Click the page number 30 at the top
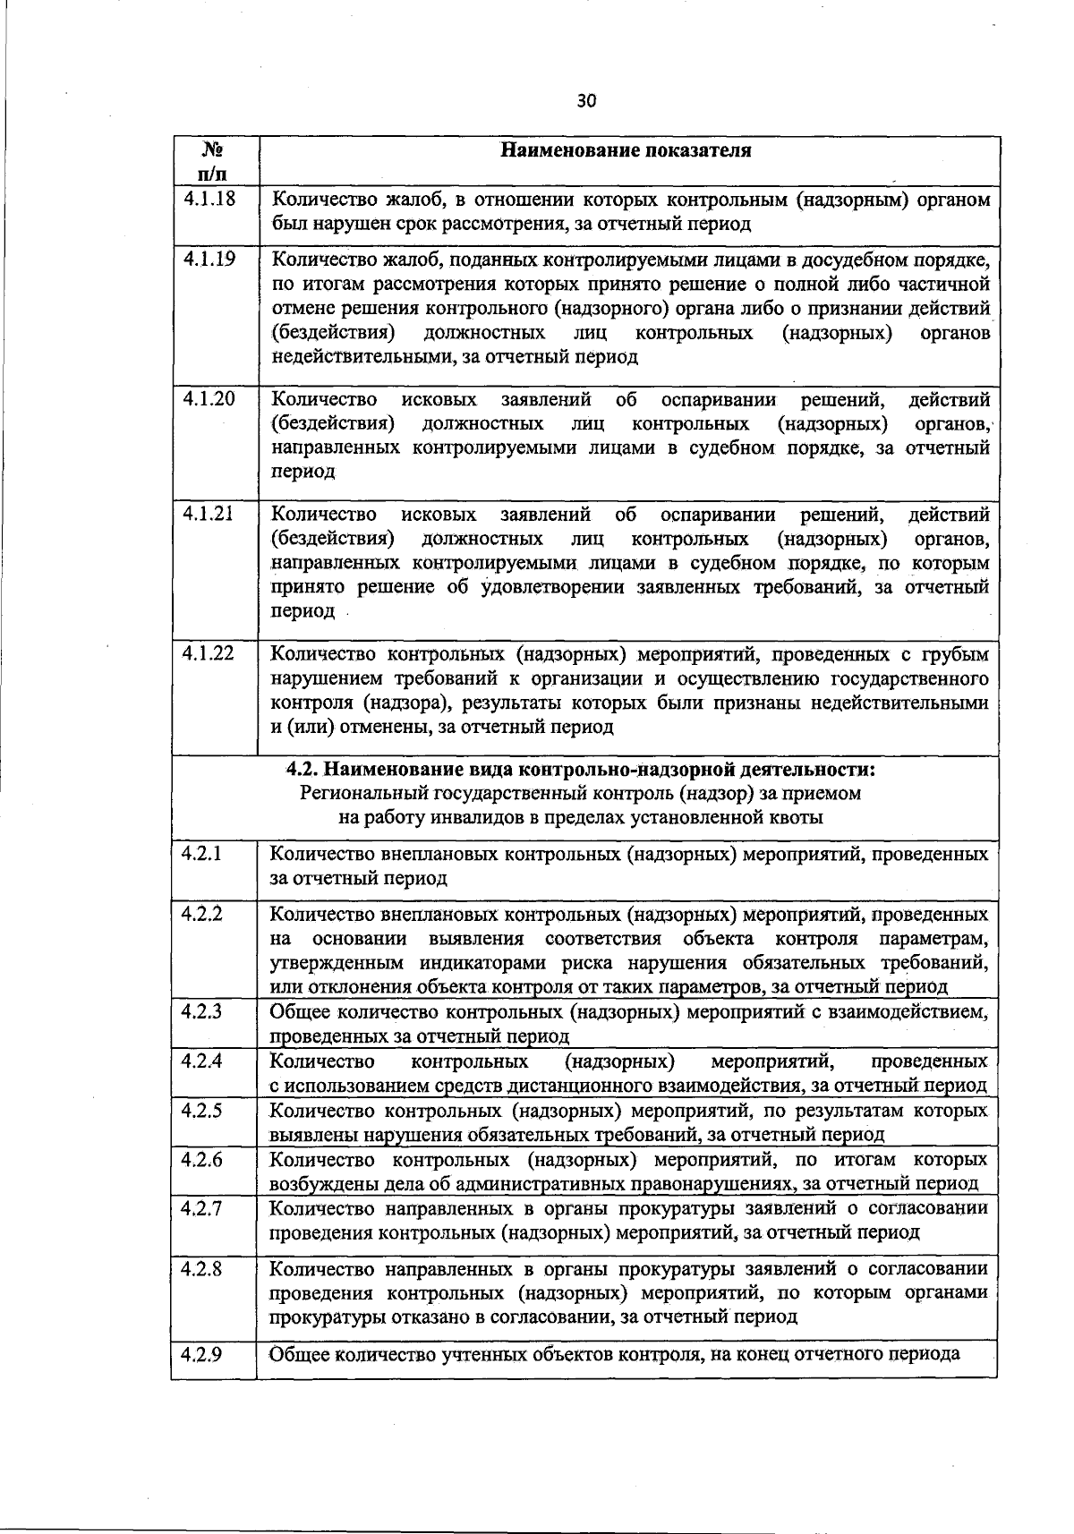(586, 100)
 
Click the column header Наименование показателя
(626, 149)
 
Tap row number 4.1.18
(208, 199)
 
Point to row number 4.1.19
(208, 260)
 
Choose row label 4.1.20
(208, 398)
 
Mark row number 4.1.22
(208, 653)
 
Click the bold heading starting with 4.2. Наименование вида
(581, 770)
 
